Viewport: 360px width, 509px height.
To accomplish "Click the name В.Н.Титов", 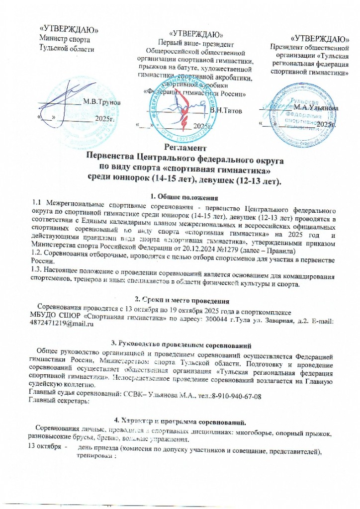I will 226,110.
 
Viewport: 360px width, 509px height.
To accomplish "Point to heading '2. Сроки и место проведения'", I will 182,301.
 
